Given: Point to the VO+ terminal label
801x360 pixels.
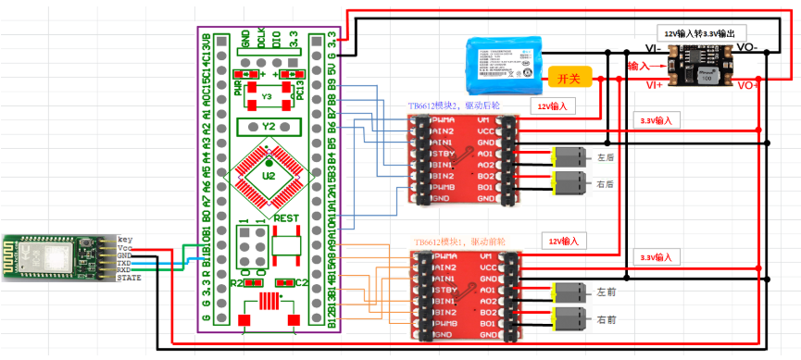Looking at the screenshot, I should (748, 84).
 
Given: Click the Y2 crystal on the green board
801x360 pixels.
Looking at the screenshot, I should (269, 126).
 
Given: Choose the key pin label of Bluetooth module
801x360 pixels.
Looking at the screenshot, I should (125, 240).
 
